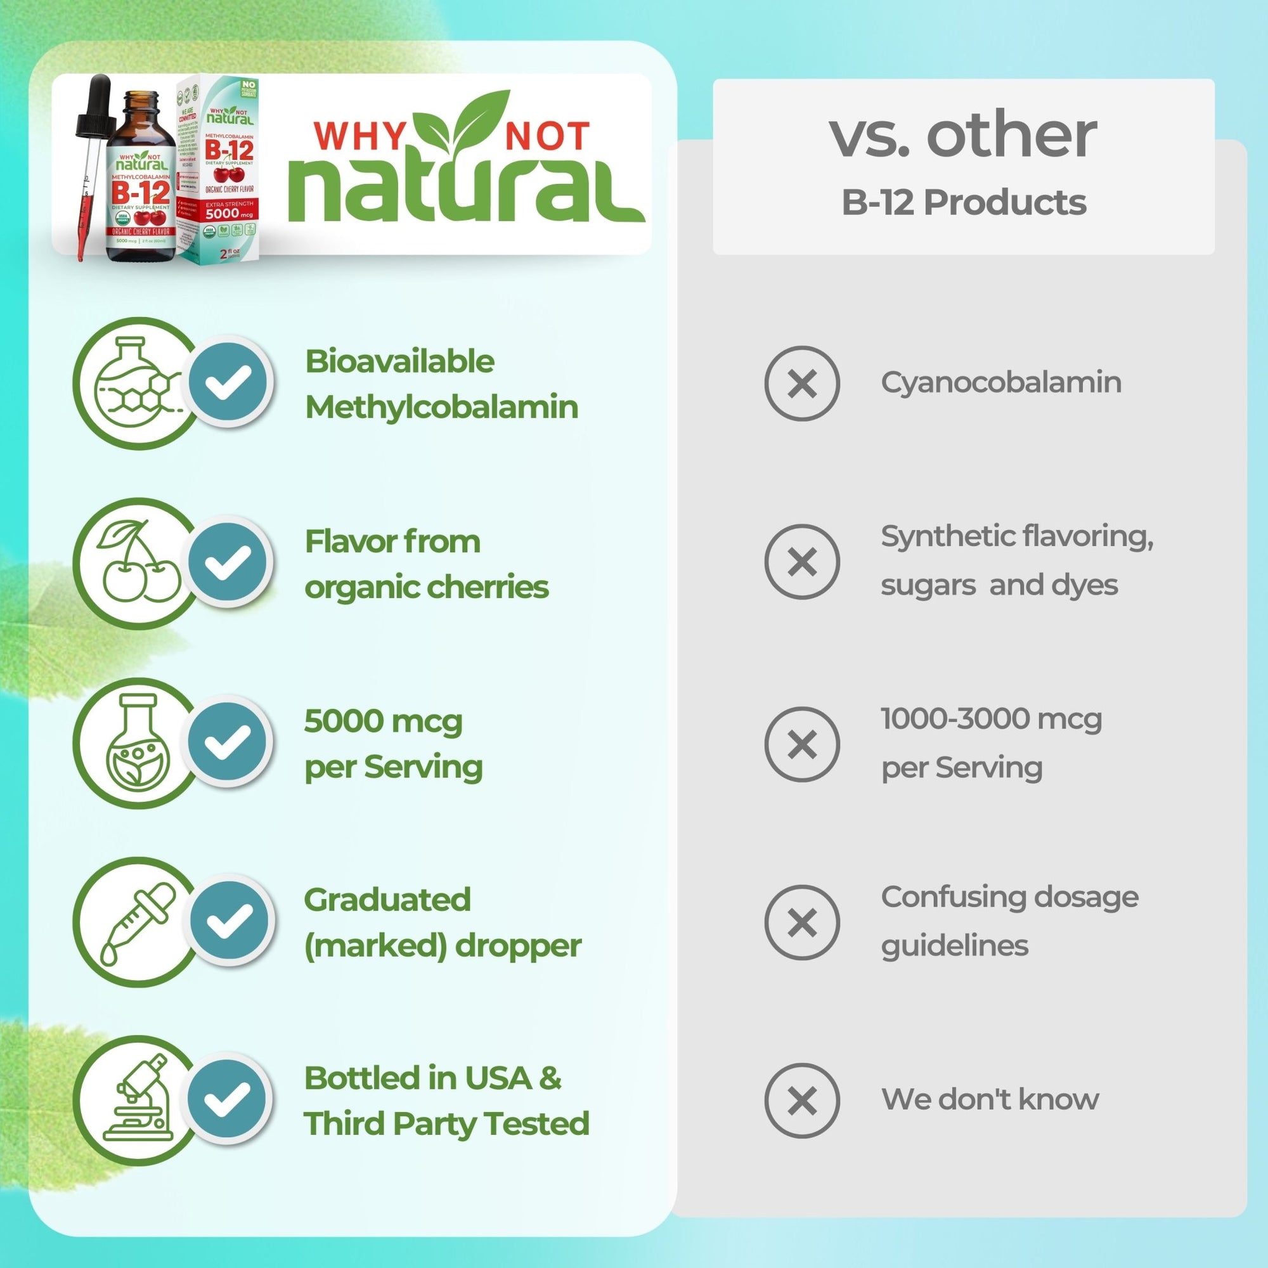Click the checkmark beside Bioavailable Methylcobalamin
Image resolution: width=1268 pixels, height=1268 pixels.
(x=228, y=381)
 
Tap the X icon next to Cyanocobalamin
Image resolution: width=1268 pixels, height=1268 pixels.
(x=801, y=383)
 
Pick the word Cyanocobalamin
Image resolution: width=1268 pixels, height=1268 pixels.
(x=1001, y=382)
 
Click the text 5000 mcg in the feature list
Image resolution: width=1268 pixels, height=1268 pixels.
(x=384, y=721)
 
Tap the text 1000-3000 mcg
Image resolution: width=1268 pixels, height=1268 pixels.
(x=991, y=719)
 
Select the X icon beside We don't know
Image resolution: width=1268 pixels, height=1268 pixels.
(x=801, y=1101)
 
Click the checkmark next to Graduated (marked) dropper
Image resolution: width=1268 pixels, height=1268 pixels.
(x=228, y=920)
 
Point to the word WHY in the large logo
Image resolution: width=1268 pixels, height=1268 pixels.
(x=360, y=136)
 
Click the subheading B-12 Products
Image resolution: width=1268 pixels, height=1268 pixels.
(x=964, y=202)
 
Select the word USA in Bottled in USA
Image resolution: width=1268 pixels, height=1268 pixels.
(x=498, y=1078)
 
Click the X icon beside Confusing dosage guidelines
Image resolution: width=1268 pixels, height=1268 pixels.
(x=801, y=922)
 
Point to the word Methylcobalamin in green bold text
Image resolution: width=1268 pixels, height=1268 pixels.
(x=442, y=407)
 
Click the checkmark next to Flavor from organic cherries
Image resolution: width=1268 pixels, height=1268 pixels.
(x=228, y=562)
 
